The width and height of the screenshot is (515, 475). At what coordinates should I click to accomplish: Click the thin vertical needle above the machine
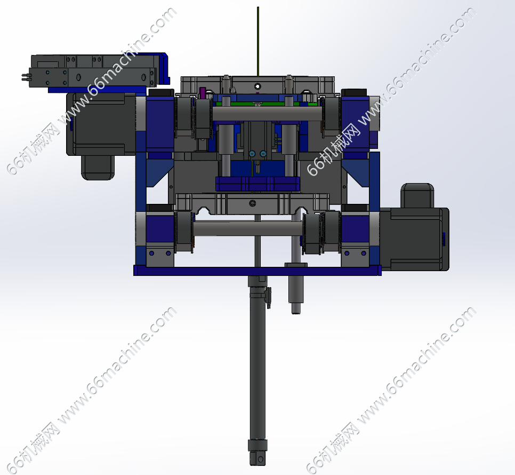click(258, 41)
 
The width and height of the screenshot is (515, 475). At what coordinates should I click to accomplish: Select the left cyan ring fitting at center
click(252, 154)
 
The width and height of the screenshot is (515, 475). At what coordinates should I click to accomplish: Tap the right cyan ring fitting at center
click(263, 154)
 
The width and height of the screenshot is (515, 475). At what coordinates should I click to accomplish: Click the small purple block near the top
click(203, 93)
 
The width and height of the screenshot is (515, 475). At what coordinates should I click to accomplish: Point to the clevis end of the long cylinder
click(257, 457)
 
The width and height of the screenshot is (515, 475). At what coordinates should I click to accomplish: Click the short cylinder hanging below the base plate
click(296, 289)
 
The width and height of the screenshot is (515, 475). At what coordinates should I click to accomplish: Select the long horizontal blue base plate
click(257, 271)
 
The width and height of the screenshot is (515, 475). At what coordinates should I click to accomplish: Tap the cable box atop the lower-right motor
click(417, 196)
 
